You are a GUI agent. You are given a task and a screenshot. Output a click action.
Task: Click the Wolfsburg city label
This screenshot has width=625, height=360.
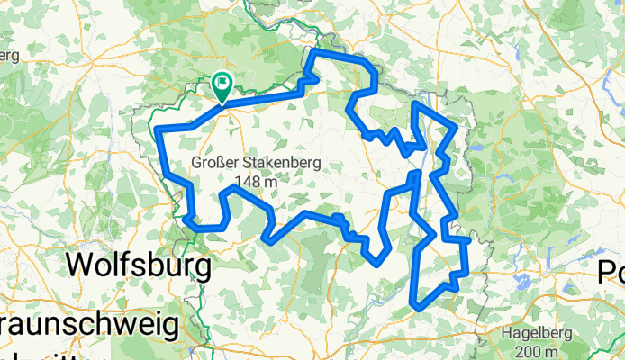point(140,266)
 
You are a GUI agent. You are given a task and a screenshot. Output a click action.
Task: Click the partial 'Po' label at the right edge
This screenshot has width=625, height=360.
point(613,270)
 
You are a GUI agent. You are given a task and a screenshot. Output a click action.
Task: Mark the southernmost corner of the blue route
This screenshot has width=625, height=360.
point(416,307)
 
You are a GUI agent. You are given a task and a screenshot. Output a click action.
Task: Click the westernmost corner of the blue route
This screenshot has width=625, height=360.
point(159,131)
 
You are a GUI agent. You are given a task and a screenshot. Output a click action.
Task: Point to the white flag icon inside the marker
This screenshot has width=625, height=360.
point(222,83)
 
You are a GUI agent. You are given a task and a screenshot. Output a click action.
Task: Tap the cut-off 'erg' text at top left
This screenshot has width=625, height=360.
point(8,56)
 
